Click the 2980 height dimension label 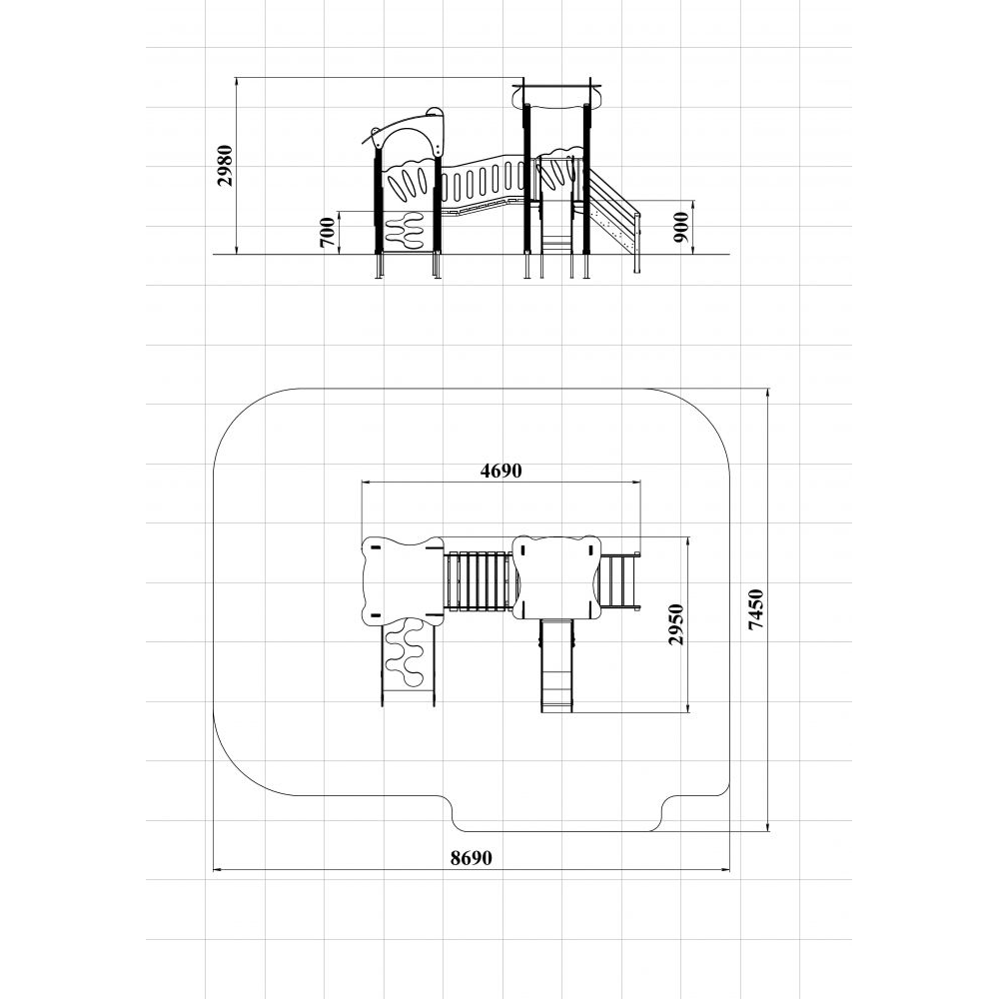tap(225, 166)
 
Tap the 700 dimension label tap(327, 232)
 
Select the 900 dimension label tap(681, 228)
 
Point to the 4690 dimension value tap(500, 471)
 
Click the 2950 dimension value tap(676, 624)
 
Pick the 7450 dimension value tap(755, 609)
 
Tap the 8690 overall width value tap(472, 858)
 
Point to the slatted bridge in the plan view tap(478, 581)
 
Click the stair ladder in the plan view tap(618, 581)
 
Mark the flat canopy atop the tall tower tap(556, 96)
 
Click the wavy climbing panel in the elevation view tap(406, 232)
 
